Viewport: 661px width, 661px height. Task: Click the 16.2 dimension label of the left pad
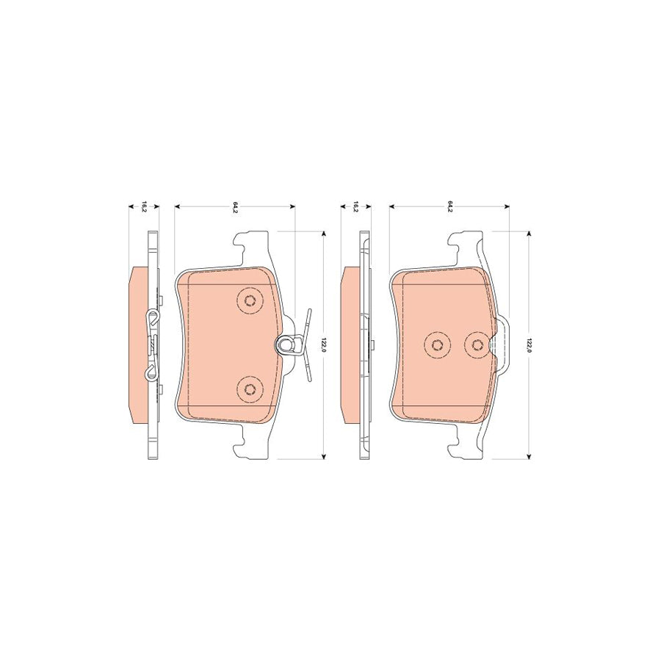coord(145,207)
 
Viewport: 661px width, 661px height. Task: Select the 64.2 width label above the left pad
coord(234,207)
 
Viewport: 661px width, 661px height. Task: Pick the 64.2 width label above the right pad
coord(449,207)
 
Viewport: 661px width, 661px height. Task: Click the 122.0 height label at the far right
coord(529,344)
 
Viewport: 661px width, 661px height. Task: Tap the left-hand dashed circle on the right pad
coord(437,345)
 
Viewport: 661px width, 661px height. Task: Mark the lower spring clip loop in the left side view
coord(151,370)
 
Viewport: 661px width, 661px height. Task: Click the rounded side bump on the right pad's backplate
coord(505,344)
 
